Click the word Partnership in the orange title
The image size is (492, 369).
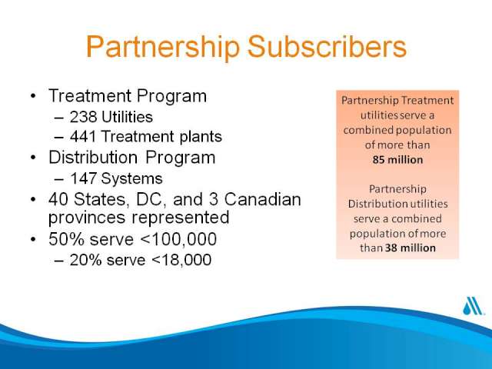163,47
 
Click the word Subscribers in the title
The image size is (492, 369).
327,46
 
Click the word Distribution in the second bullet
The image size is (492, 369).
93,157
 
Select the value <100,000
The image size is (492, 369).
178,239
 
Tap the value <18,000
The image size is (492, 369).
181,260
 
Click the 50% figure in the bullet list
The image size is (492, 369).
67,239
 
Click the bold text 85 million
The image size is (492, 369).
397,160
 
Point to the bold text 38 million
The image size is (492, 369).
410,248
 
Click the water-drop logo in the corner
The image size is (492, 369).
472,306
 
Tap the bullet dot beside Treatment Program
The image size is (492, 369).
34,95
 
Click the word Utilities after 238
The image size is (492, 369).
127,117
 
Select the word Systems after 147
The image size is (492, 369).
131,179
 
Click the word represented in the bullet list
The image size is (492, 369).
180,218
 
